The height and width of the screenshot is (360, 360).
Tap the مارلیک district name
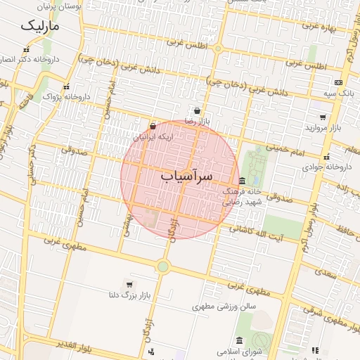tap(39, 27)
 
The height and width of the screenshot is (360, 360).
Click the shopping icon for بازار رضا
tap(198, 111)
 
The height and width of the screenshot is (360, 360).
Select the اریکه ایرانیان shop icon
tap(153, 126)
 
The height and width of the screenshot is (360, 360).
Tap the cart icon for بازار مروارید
tap(323, 117)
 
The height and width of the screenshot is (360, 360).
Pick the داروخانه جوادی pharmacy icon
tap(326, 157)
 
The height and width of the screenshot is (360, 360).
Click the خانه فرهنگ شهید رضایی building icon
tap(242, 181)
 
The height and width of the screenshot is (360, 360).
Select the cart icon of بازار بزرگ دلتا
tap(129, 283)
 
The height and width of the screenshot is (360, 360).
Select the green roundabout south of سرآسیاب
tap(163, 266)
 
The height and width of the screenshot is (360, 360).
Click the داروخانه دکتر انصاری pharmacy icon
tap(26, 50)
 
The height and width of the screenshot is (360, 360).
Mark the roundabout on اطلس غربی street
tap(218, 49)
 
